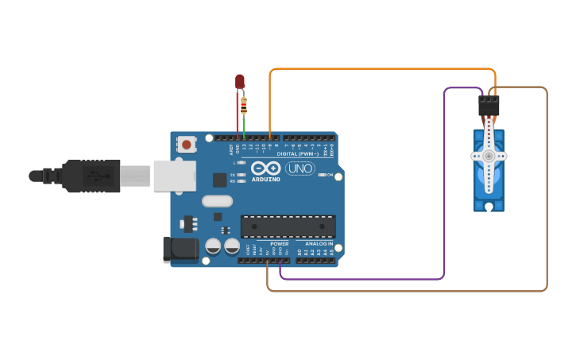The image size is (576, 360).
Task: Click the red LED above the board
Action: (x=240, y=81)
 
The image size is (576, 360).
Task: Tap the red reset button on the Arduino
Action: (x=186, y=144)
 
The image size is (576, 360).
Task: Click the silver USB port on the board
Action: (x=174, y=176)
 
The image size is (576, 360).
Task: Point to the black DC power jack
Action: (x=180, y=249)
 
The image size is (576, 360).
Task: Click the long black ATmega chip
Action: (x=288, y=226)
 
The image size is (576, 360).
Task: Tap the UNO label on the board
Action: (x=300, y=168)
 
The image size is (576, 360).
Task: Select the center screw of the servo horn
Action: (x=489, y=157)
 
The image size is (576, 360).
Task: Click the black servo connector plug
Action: (x=489, y=106)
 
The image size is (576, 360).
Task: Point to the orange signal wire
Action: (x=381, y=69)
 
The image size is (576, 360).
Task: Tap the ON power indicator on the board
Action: (x=329, y=175)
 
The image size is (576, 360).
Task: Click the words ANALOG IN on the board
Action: (x=319, y=243)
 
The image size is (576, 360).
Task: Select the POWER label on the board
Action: (x=280, y=243)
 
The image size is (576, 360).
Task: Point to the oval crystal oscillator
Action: (x=217, y=201)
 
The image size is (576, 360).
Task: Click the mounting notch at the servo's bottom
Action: (x=489, y=207)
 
